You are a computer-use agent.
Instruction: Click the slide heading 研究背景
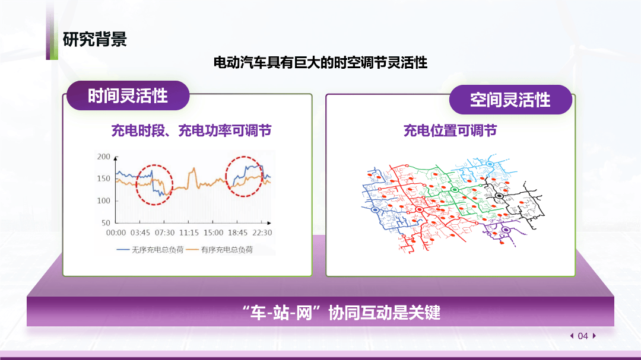pyautogui.click(x=95, y=40)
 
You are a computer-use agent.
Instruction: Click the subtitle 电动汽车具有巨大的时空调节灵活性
pyautogui.click(x=320, y=62)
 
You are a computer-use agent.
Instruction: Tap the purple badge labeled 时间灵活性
pyautogui.click(x=128, y=95)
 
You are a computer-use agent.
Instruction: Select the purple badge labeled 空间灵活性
pyautogui.click(x=510, y=100)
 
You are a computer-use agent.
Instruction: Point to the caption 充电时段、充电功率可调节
pyautogui.click(x=191, y=130)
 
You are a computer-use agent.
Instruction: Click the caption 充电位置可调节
pyautogui.click(x=450, y=130)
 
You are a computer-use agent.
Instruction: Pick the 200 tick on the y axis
pyautogui.click(x=103, y=157)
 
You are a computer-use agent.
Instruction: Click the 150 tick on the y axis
pyautogui.click(x=103, y=179)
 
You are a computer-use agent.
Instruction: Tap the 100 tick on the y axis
pyautogui.click(x=103, y=200)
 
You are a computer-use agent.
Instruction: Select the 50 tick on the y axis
pyautogui.click(x=106, y=222)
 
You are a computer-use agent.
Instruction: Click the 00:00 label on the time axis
pyautogui.click(x=116, y=233)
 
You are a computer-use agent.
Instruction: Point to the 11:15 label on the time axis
pyautogui.click(x=189, y=233)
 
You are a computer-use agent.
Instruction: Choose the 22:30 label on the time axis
pyautogui.click(x=262, y=233)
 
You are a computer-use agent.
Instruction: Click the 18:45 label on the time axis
pyautogui.click(x=237, y=233)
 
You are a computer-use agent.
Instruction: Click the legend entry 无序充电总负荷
pyautogui.click(x=150, y=250)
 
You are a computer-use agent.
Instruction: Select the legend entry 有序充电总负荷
pyautogui.click(x=220, y=250)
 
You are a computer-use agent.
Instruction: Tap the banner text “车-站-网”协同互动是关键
pyautogui.click(x=341, y=313)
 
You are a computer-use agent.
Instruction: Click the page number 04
pyautogui.click(x=583, y=336)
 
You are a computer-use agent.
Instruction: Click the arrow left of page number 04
pyautogui.click(x=572, y=336)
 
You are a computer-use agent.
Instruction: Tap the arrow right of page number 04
pyautogui.click(x=594, y=336)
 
